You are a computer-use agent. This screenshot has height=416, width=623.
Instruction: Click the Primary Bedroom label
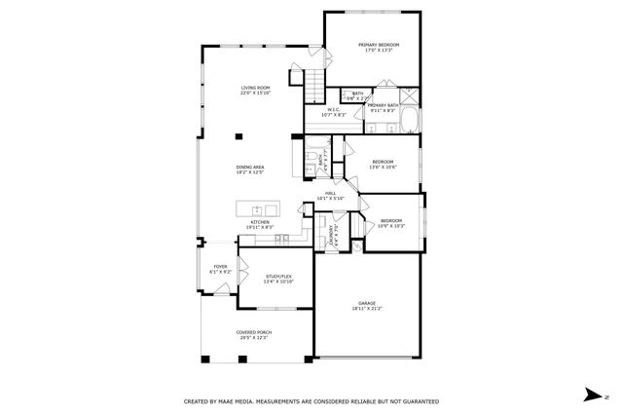coord(380,45)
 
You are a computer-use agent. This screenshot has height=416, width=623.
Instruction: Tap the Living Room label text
coord(255,89)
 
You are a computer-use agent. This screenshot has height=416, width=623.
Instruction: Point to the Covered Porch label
coord(253,332)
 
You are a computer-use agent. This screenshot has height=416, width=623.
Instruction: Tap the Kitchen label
coord(260,222)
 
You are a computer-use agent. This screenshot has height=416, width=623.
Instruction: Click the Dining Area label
coord(250,168)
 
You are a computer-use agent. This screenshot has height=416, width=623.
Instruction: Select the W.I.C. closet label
coord(333,109)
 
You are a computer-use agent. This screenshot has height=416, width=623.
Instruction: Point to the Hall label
coord(331,193)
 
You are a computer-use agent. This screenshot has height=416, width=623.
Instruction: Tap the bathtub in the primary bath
coord(409,121)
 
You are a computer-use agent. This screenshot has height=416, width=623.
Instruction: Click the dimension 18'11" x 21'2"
coord(367,309)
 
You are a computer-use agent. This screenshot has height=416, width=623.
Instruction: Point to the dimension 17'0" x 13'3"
coord(380,51)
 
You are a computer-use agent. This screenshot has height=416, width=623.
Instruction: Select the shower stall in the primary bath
coord(409,96)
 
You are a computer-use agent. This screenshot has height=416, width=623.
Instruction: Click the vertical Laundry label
coord(331,238)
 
